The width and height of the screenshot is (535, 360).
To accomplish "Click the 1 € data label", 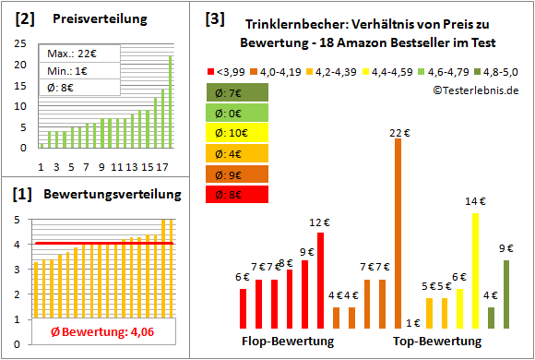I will click(412, 322).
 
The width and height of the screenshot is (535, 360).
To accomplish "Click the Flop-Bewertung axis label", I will click(288, 342).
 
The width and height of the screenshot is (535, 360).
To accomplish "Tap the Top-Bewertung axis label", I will click(437, 342).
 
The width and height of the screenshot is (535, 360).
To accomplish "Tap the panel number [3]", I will click(214, 18).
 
